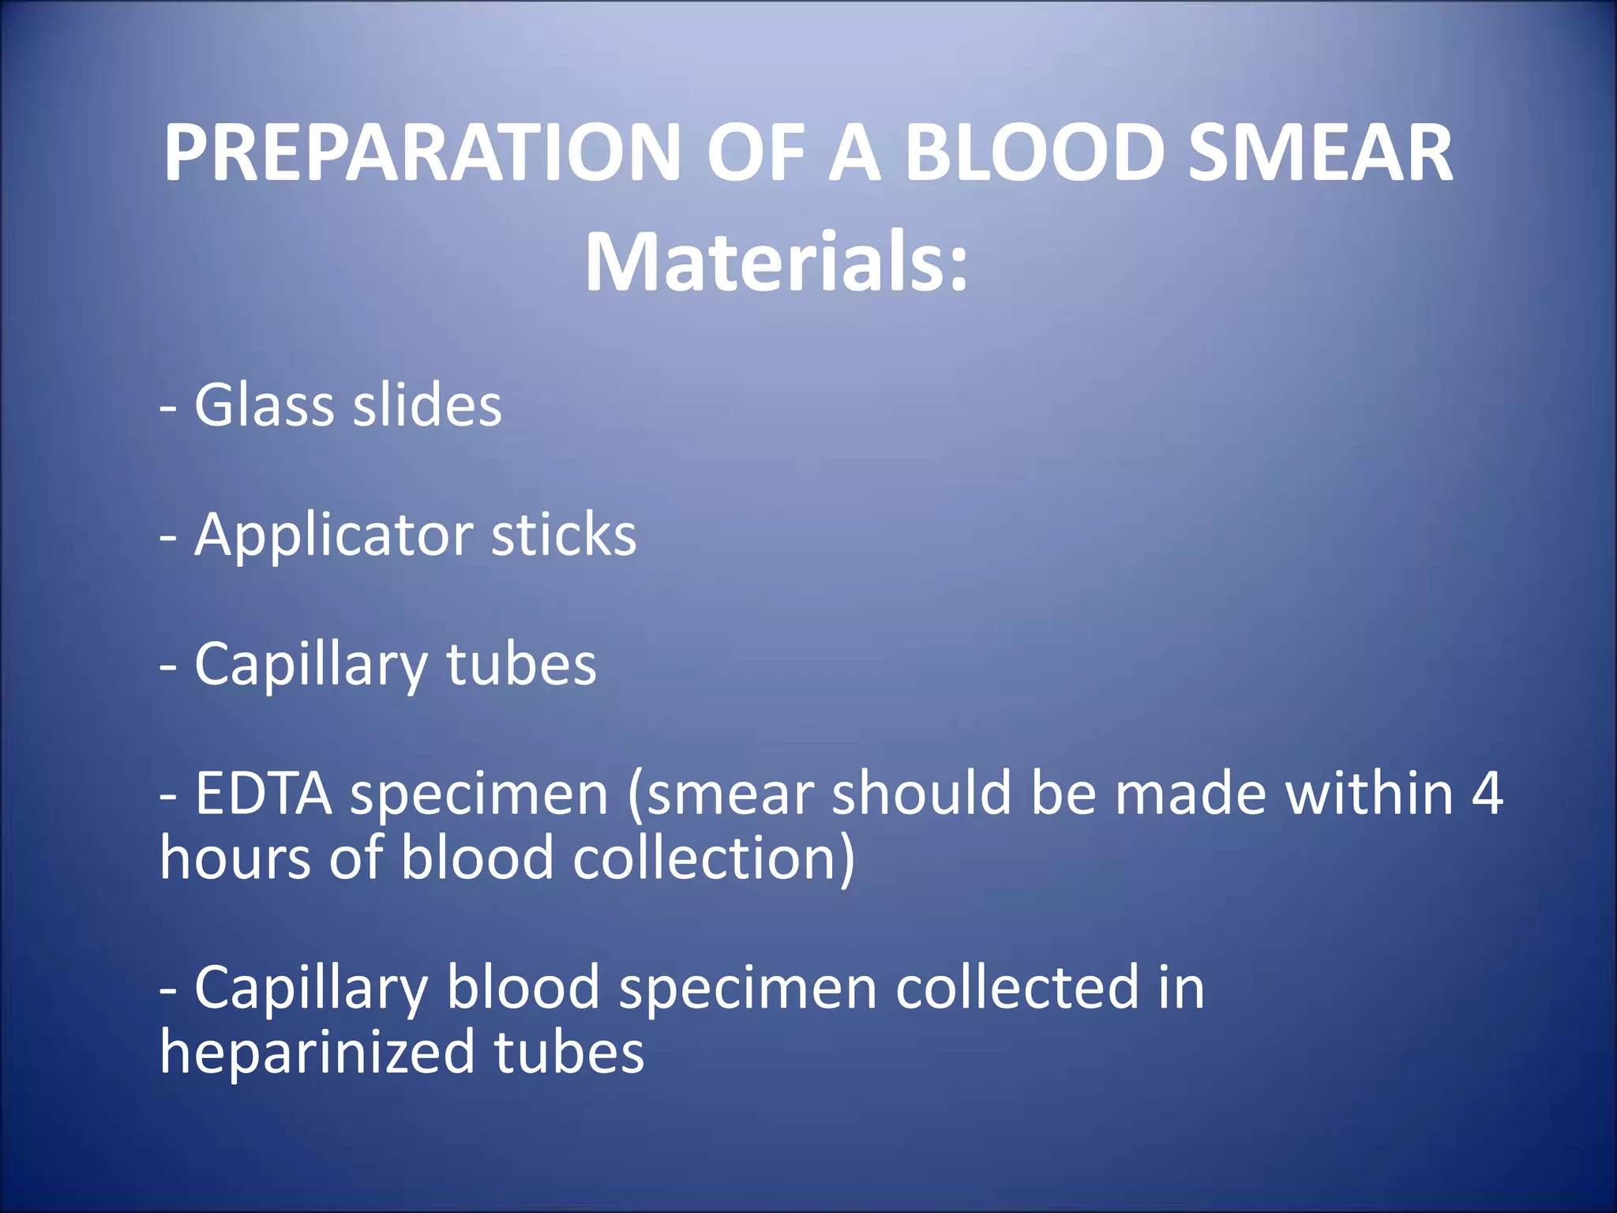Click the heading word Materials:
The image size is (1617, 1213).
tap(776, 262)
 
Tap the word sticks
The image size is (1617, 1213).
tap(564, 535)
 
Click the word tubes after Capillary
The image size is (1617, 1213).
tap(521, 664)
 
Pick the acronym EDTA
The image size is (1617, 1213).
tap(264, 793)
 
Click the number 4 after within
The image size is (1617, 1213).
tap(1488, 793)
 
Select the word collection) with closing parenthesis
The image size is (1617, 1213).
tap(714, 858)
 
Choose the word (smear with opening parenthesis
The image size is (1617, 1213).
tap(720, 794)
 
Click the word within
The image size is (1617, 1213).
tap(1369, 793)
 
